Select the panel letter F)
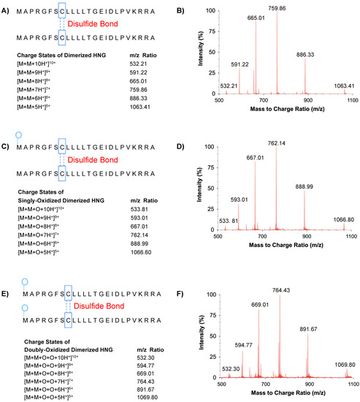193,273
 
